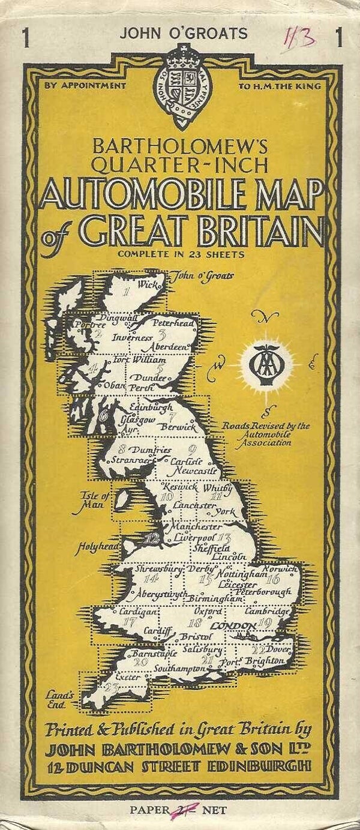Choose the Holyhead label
click(x=95, y=547)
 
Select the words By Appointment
click(x=84, y=85)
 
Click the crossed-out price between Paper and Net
click(x=180, y=810)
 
